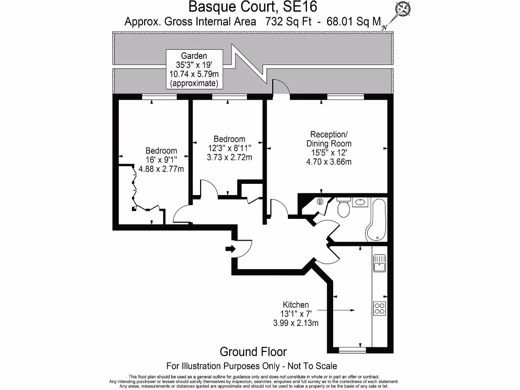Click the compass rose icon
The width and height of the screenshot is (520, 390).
pyautogui.click(x=404, y=9)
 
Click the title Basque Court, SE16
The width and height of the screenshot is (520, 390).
pyautogui.click(x=238, y=7)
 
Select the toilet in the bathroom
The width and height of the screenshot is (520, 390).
pyautogui.click(x=344, y=208)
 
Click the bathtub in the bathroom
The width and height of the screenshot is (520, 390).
pyautogui.click(x=376, y=219)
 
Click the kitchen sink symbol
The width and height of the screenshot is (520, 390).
pyautogui.click(x=379, y=263)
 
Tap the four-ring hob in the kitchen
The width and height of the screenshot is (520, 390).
pyautogui.click(x=379, y=308)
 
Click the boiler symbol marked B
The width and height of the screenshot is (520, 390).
pyautogui.click(x=320, y=202)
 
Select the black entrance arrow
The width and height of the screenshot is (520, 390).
pyautogui.click(x=230, y=249)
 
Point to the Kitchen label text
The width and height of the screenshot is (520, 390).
pyautogui.click(x=296, y=305)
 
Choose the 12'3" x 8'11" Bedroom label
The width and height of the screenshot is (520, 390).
pyautogui.click(x=229, y=148)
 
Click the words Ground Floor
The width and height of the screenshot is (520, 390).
pyautogui.click(x=253, y=351)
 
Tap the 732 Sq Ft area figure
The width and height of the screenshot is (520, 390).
pyautogui.click(x=286, y=22)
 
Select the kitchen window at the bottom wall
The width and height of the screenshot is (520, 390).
pyautogui.click(x=352, y=349)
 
